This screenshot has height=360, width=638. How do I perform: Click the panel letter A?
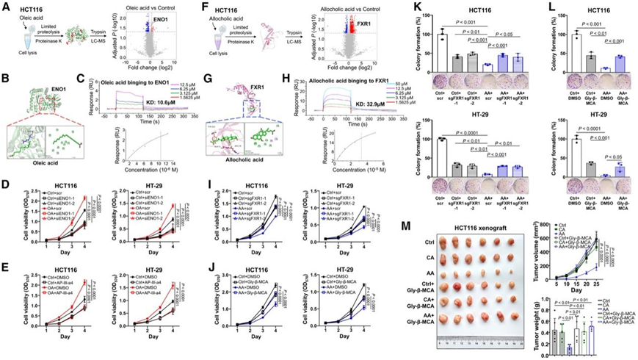point(6,5)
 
